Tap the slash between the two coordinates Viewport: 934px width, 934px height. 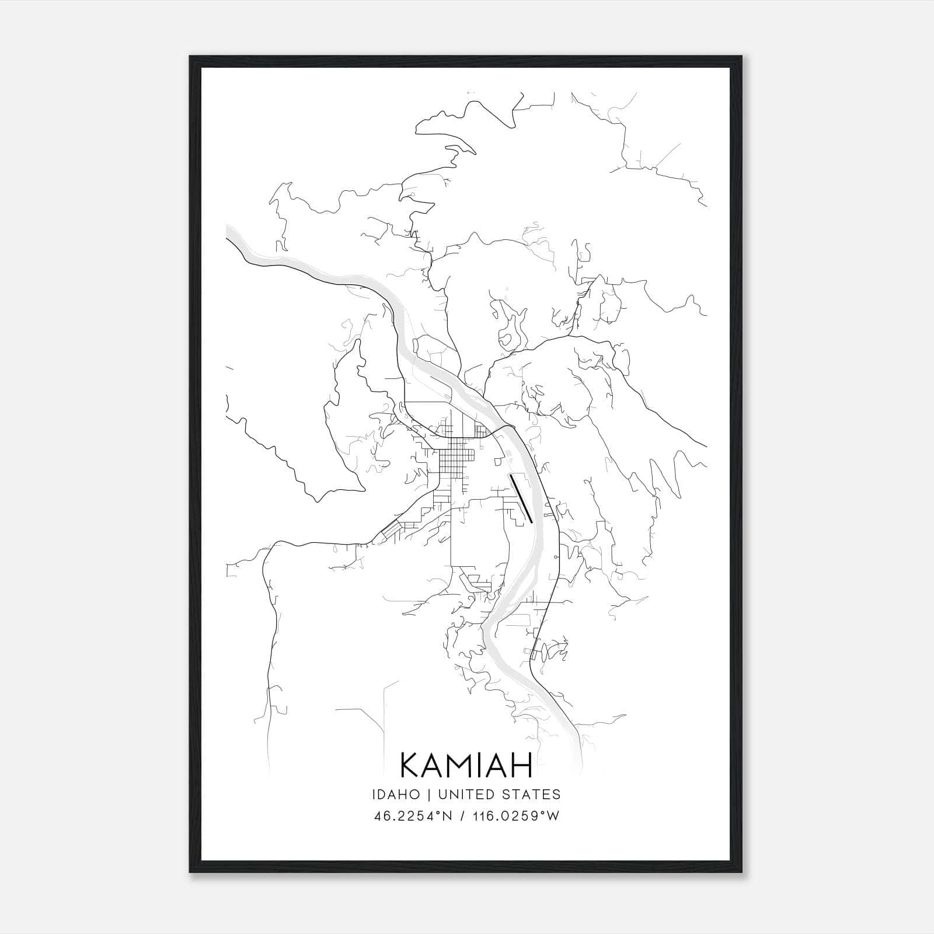(x=461, y=816)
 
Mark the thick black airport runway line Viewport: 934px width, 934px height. (x=521, y=497)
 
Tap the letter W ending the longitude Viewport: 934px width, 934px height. (x=553, y=816)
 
